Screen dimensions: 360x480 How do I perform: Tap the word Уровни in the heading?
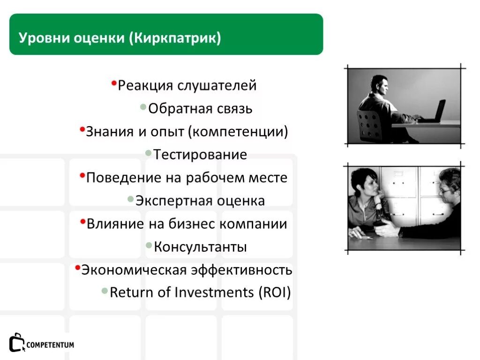[x=44, y=38]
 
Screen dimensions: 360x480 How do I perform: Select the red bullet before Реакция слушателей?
[x=114, y=83]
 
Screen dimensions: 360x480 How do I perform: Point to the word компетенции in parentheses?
[x=238, y=132]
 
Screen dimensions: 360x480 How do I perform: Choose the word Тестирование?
[x=200, y=155]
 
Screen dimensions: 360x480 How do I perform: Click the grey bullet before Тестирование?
[x=148, y=153]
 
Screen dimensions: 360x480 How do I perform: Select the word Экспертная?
[x=174, y=201]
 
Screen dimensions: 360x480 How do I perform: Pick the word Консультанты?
[x=200, y=247]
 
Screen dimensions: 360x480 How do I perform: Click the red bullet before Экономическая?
[x=77, y=267]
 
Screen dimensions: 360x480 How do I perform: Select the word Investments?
[x=214, y=293]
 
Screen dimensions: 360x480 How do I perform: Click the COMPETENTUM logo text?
[x=50, y=345]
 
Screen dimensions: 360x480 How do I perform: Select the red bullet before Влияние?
[x=83, y=221]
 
